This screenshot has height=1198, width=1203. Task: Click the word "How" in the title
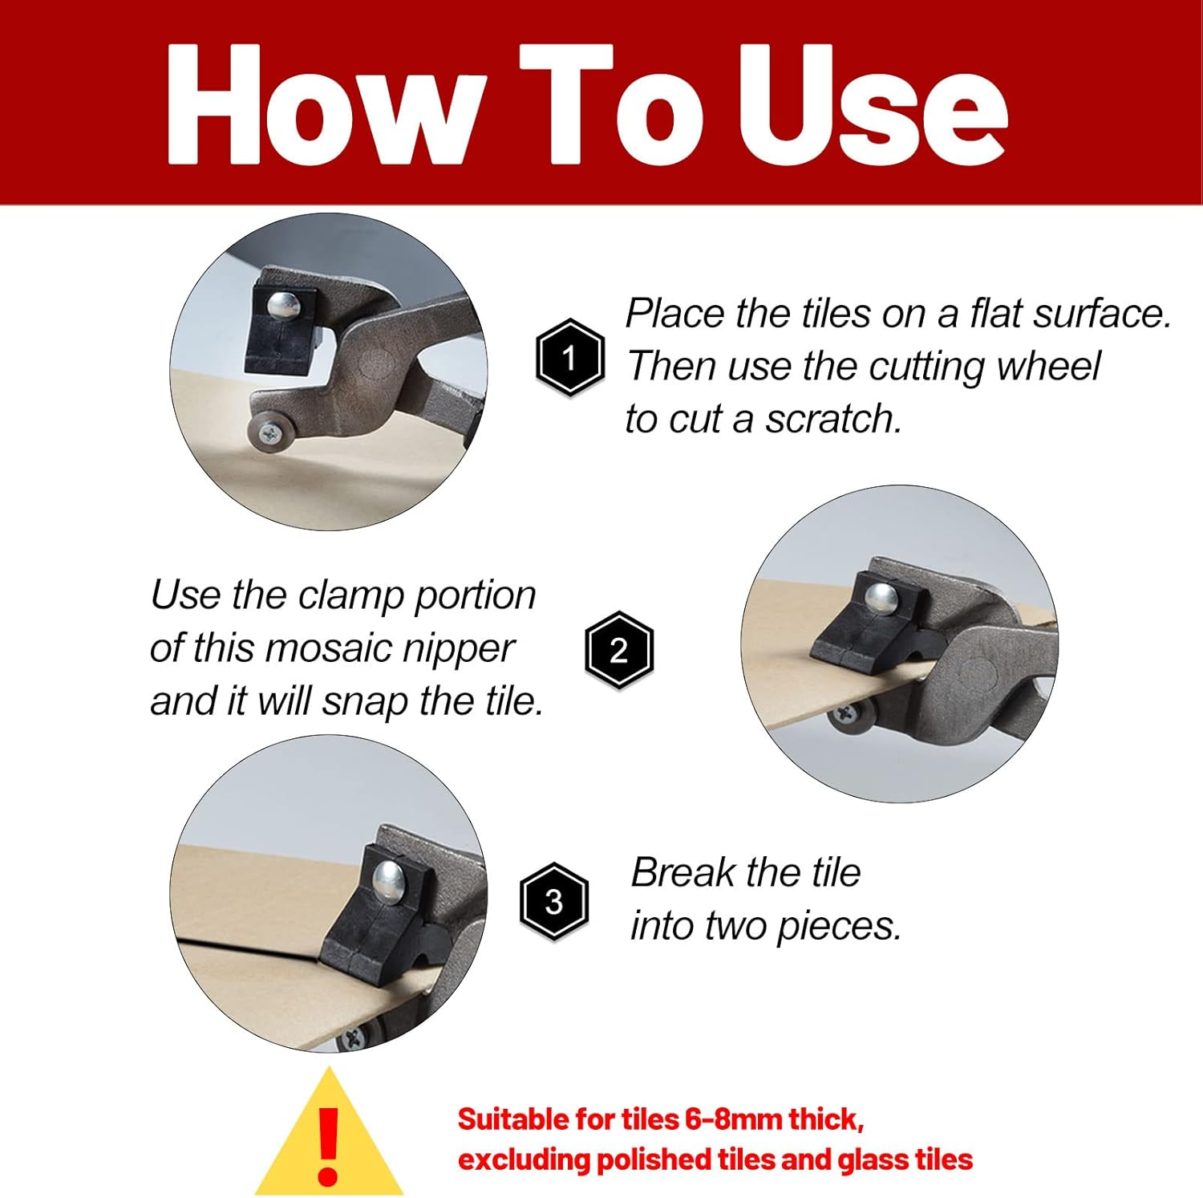point(326,104)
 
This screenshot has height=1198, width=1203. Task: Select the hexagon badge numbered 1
point(569,358)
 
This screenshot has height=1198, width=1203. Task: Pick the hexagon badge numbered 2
point(618,650)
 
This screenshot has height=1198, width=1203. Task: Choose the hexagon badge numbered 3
point(553,902)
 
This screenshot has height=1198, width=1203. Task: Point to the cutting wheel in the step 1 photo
point(268,434)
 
